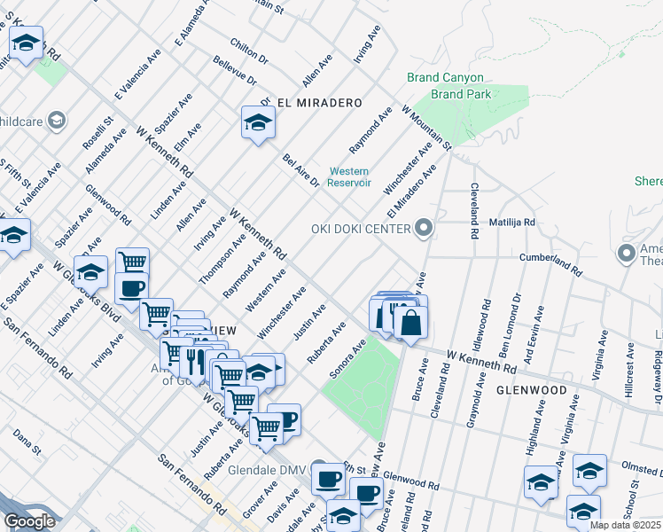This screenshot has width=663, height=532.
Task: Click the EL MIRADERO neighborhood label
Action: point(319,103)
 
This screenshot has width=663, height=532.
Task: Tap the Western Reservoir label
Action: point(348,177)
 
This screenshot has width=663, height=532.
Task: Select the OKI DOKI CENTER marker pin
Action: point(424,229)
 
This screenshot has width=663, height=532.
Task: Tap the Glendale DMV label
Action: point(267,469)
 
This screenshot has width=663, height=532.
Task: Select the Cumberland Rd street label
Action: point(551,262)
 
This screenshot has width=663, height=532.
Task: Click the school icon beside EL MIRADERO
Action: point(258,123)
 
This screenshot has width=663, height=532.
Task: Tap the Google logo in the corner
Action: point(29,521)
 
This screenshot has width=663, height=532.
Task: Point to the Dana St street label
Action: point(27,443)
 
